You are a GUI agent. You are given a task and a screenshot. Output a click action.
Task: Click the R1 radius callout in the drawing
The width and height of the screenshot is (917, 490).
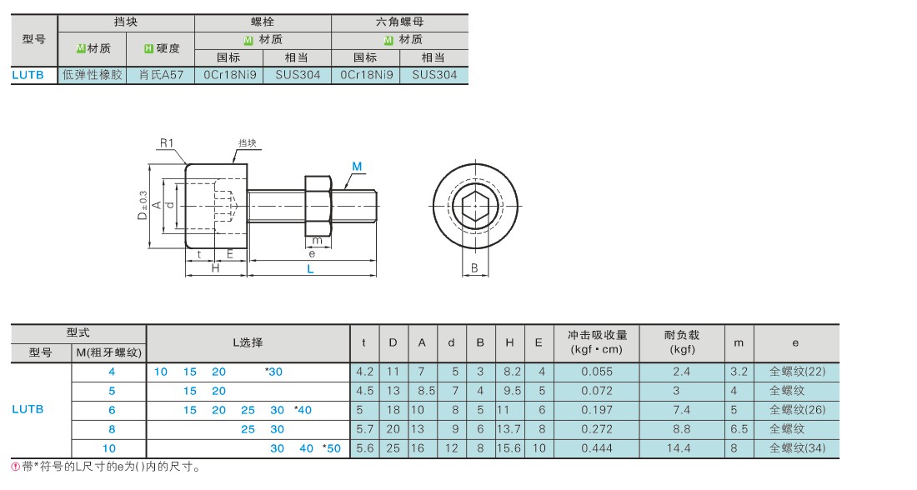point(167,142)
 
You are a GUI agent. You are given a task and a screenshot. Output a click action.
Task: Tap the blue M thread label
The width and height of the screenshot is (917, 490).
point(357,167)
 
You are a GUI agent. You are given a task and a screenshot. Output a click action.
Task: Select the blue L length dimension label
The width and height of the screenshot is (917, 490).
point(311,269)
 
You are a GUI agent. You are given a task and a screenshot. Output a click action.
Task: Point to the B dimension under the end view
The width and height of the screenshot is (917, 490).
point(474,267)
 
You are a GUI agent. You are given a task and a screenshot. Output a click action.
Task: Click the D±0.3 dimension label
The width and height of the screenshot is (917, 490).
point(142,205)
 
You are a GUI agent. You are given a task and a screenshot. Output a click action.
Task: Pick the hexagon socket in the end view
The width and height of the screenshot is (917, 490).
point(475,206)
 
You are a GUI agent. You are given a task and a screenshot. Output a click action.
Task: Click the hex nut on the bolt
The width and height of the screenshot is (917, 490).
point(318,205)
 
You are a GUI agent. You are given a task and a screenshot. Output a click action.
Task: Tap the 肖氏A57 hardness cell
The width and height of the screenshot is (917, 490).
point(161,75)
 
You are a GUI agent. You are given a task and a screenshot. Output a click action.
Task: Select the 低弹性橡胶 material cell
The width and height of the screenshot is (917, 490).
point(93,75)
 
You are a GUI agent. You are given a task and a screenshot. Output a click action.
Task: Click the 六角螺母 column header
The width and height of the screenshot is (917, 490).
point(399,22)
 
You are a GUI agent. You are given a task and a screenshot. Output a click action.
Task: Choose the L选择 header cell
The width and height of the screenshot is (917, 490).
point(248,342)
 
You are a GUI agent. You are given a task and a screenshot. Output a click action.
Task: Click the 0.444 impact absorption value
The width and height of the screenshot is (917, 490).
point(597,448)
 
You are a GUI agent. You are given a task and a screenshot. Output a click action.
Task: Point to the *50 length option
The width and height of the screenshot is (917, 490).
point(332,448)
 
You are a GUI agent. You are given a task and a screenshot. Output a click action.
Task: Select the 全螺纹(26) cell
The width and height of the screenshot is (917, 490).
point(796,410)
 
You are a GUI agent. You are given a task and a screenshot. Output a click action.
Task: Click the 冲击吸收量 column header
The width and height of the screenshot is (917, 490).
point(597,335)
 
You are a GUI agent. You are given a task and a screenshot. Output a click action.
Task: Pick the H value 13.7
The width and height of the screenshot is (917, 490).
point(509,429)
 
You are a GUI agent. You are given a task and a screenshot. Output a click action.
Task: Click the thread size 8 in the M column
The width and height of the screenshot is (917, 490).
point(112,429)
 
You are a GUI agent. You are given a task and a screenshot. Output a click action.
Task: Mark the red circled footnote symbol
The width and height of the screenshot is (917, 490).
point(16,467)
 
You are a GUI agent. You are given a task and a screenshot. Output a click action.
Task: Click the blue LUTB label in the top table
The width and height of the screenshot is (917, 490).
point(28,75)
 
